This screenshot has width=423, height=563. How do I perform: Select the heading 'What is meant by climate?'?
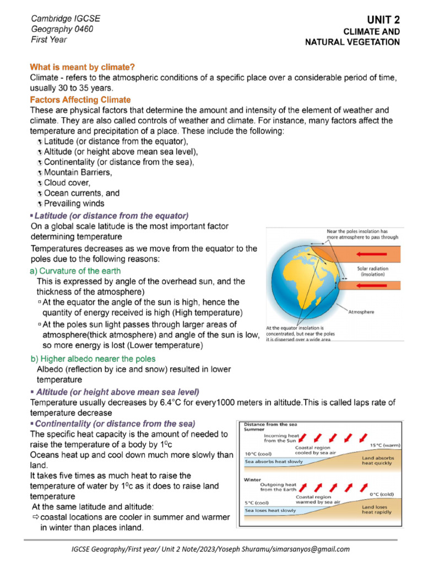coord(83,67)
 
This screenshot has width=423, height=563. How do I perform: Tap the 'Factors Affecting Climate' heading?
coord(80,100)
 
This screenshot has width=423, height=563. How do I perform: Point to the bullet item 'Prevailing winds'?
coord(74,203)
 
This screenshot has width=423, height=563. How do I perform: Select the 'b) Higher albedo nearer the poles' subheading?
coord(93,359)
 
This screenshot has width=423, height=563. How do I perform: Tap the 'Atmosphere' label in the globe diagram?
coord(361,312)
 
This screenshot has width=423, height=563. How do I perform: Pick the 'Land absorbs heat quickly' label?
coord(377,460)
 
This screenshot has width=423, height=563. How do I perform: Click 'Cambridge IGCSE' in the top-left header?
coord(65,19)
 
